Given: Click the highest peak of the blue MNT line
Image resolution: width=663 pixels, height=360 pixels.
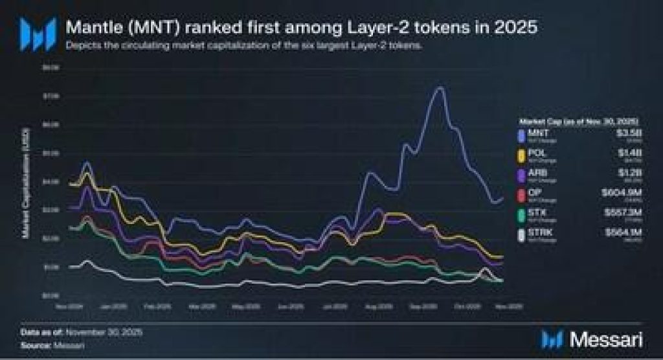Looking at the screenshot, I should [439, 87].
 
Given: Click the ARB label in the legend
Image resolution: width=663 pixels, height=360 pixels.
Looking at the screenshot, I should [537, 172].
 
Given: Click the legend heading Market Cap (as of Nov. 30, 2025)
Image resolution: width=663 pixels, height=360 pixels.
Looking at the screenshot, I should [579, 121].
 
